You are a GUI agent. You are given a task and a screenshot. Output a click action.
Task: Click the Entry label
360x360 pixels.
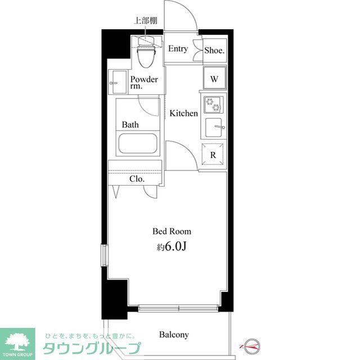[178, 49]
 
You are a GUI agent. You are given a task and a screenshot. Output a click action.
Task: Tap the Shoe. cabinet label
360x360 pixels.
[214, 50]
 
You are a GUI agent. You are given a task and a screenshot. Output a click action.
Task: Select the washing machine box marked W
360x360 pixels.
[214, 78]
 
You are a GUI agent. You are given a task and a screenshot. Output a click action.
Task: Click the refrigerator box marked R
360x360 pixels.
[214, 154]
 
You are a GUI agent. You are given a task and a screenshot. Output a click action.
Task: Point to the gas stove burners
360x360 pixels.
[214, 105]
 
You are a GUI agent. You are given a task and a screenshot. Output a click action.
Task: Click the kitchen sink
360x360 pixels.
[214, 127]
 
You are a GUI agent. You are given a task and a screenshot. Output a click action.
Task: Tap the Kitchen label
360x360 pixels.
[184, 113]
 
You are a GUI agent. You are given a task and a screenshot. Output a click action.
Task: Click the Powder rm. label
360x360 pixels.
[143, 83]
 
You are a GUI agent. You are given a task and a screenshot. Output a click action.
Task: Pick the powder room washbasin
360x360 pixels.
[118, 83]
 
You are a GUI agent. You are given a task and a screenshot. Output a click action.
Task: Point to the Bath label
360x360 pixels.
[130, 124]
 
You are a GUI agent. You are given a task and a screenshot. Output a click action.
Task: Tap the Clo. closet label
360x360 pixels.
[137, 179]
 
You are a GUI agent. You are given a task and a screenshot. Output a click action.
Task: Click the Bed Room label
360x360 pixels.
[172, 231]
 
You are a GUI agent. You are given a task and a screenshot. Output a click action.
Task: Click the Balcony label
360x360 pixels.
[173, 335]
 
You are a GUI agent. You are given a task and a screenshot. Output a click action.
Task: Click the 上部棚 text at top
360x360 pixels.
[145, 21]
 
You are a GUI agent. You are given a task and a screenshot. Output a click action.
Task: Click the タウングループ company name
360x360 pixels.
[91, 348]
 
